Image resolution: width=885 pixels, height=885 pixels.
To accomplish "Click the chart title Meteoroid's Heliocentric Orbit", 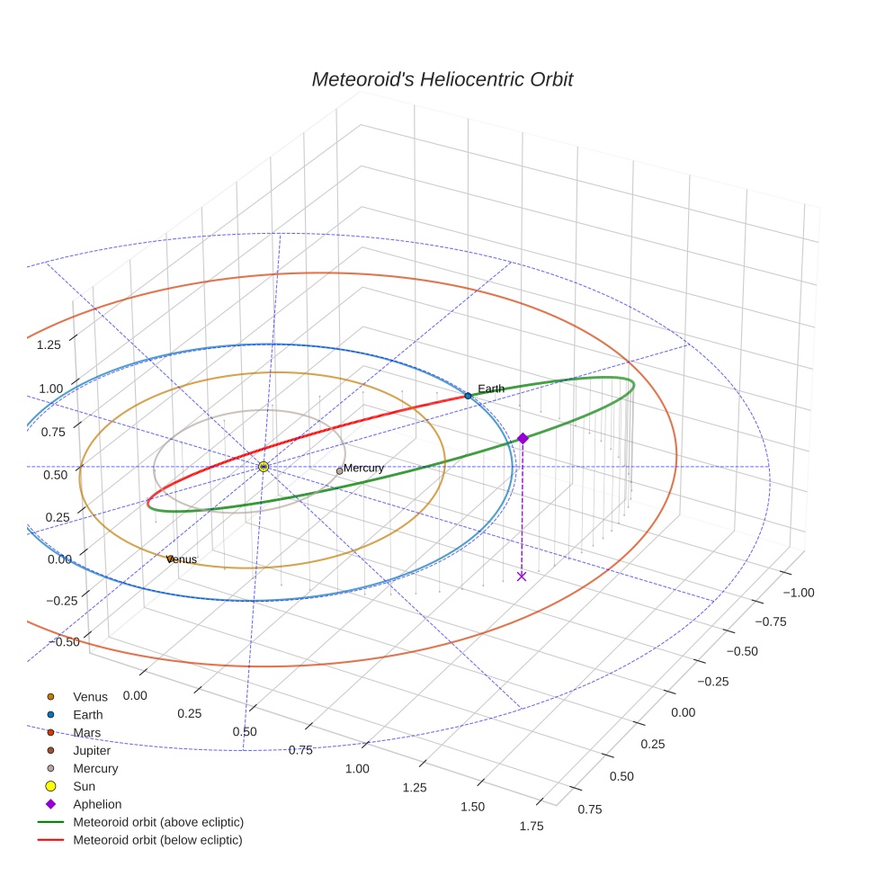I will [x=442, y=79].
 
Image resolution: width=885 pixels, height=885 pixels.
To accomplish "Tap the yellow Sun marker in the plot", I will [x=264, y=467].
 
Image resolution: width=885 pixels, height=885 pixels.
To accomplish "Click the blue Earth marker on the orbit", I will [x=468, y=396].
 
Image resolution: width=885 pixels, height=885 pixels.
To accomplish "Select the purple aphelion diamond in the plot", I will [x=523, y=438].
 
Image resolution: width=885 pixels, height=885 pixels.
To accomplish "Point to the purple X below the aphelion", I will [x=522, y=576].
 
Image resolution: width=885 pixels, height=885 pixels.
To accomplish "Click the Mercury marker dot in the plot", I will [x=339, y=471].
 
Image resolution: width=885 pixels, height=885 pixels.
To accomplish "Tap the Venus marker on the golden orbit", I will [x=169, y=559].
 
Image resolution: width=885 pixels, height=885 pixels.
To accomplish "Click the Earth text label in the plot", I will [x=491, y=389].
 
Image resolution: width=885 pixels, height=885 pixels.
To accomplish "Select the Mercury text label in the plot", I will [x=364, y=468].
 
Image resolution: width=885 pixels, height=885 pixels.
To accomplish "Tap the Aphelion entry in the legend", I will [x=97, y=804].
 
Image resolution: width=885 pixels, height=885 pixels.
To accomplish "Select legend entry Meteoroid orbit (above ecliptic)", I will [x=158, y=822].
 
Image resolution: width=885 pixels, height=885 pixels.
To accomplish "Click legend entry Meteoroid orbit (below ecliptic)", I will [x=157, y=840].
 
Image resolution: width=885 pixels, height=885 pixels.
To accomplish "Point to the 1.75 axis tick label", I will [x=532, y=827].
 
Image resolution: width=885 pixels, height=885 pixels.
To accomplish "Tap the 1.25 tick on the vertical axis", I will [x=49, y=344].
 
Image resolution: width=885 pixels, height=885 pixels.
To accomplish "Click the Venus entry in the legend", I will [x=90, y=696].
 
